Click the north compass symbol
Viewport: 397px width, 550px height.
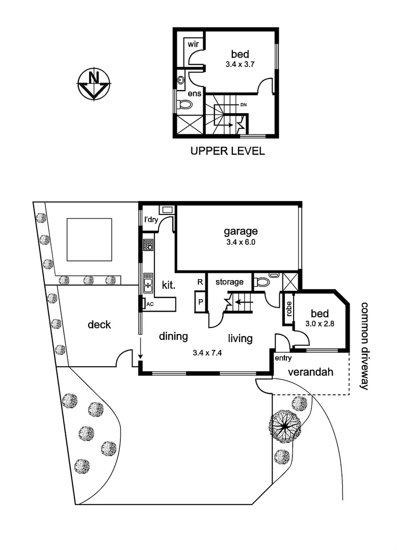click(x=94, y=84)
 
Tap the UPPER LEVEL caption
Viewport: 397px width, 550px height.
click(x=227, y=151)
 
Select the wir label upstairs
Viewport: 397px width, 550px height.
click(x=193, y=44)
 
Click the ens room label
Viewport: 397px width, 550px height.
click(x=195, y=93)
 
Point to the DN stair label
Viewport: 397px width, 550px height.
click(x=243, y=104)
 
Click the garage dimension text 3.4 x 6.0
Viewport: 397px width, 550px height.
click(x=241, y=242)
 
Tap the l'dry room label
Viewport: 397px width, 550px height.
click(x=151, y=220)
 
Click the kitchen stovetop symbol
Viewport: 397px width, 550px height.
click(x=148, y=244)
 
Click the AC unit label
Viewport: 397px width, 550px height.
click(x=150, y=304)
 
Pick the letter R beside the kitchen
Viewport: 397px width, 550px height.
click(x=200, y=282)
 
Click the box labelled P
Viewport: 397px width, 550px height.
click(x=201, y=301)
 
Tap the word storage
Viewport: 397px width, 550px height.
click(x=229, y=282)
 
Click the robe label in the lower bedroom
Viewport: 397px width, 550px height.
click(x=289, y=309)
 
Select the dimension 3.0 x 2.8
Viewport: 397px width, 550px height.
click(x=320, y=324)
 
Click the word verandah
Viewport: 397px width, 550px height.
click(x=310, y=372)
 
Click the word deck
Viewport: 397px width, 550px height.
click(x=99, y=324)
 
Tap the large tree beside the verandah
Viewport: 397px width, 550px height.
click(x=285, y=427)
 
